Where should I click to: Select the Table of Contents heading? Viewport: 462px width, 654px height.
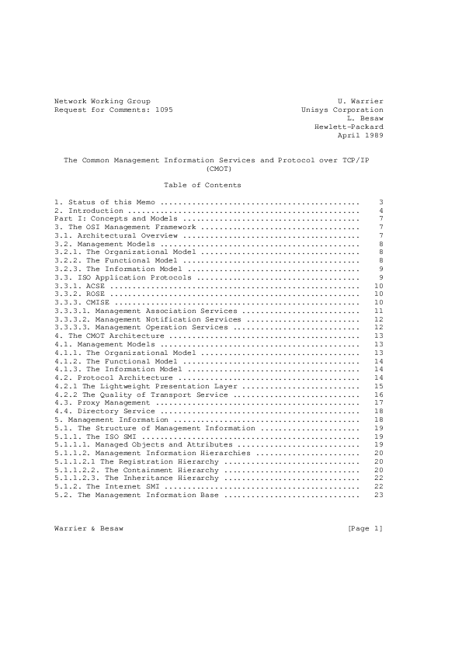203,185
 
